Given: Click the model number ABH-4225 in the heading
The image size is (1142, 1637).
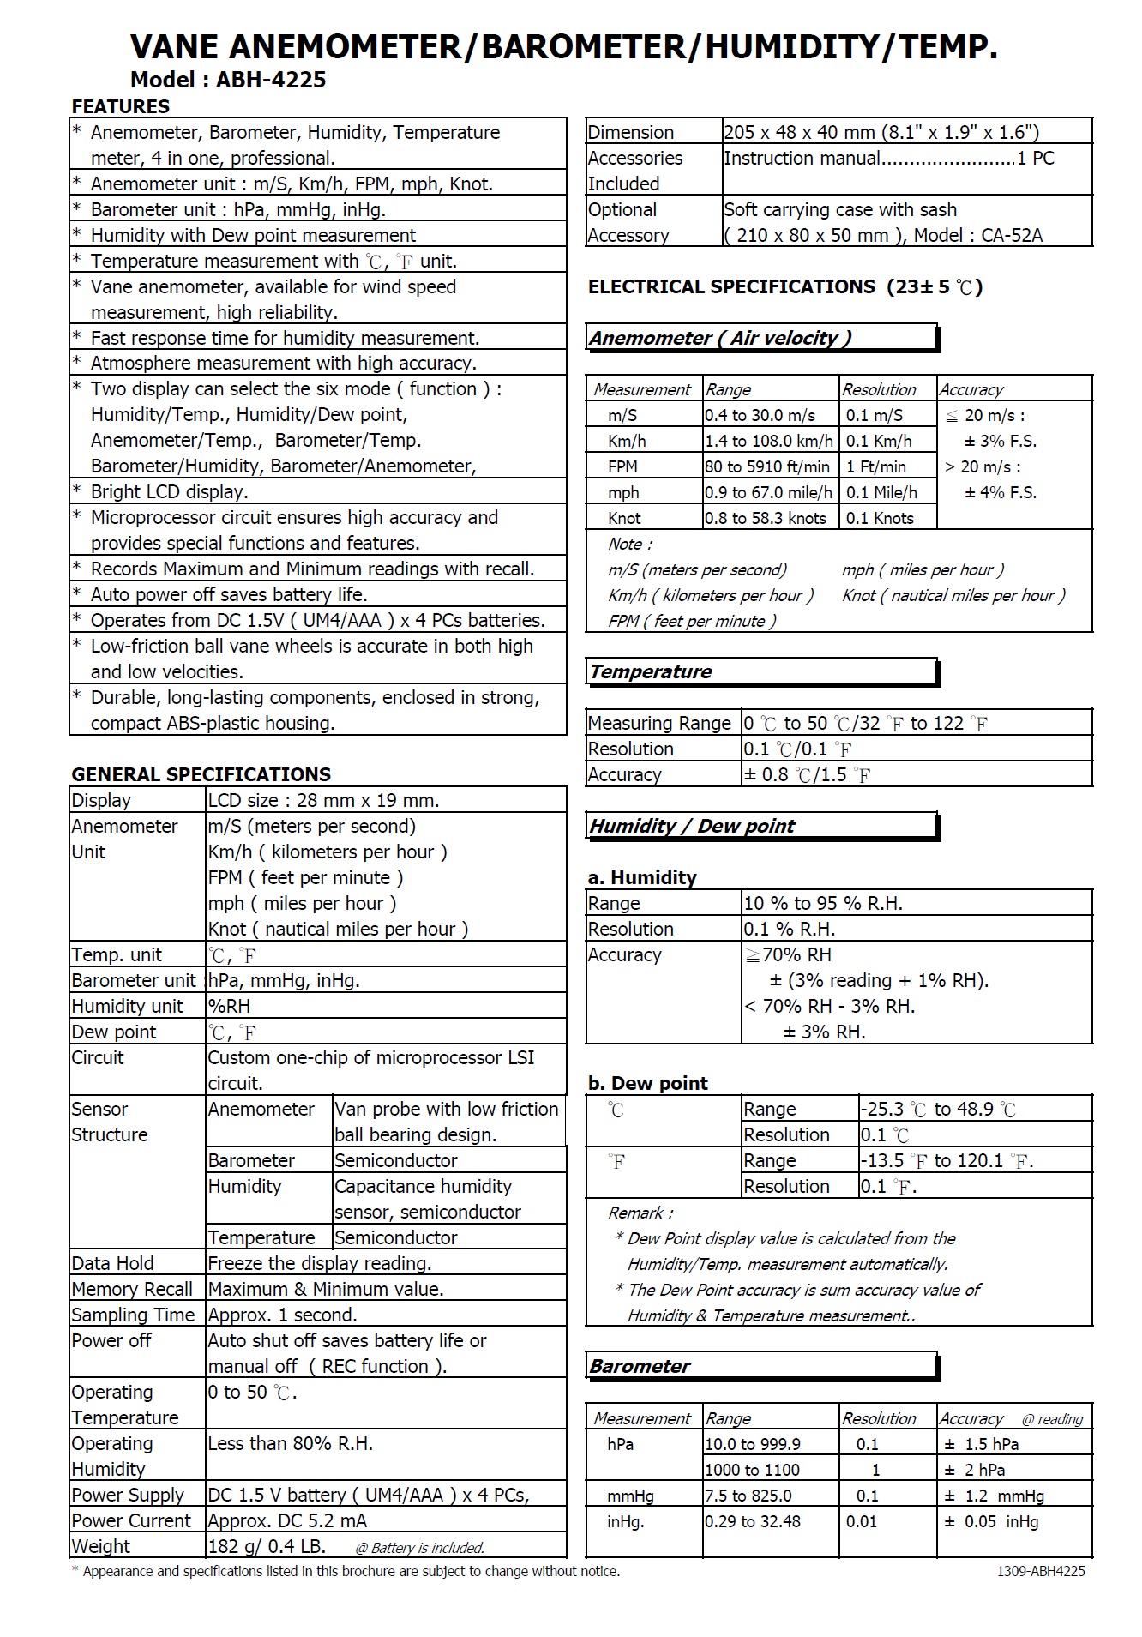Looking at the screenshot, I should tap(270, 81).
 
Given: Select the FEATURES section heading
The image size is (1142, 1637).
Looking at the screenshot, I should tap(121, 106).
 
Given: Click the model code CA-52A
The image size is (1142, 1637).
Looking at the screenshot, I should tap(1012, 235).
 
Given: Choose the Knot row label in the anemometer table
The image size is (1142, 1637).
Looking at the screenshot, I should tap(624, 518).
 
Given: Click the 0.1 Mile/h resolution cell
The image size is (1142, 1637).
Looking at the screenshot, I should tap(881, 492).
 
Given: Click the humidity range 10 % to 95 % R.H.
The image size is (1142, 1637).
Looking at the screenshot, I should tap(823, 903).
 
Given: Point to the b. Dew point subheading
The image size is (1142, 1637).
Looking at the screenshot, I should tap(648, 1083).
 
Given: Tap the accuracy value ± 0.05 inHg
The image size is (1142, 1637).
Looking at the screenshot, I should tap(991, 1521).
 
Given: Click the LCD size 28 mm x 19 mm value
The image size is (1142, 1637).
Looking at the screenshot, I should tap(323, 800).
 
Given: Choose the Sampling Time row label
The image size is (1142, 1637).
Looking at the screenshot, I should tap(133, 1315).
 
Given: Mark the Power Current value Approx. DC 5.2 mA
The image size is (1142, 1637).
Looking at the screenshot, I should tap(287, 1520).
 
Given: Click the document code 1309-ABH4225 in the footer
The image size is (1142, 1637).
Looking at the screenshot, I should tap(1041, 1571).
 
